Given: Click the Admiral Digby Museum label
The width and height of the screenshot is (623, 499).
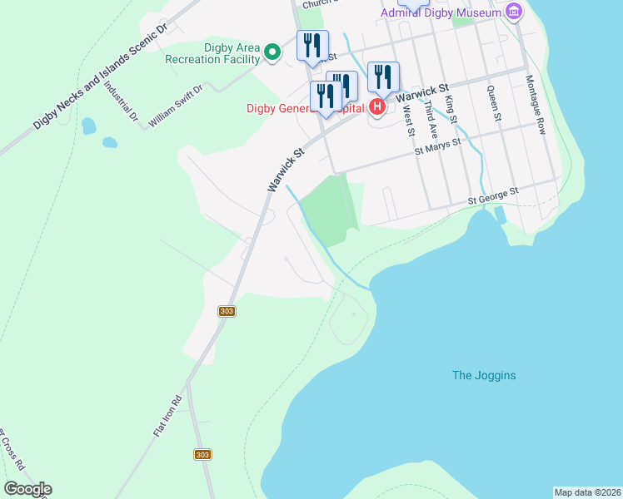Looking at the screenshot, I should click(441, 12).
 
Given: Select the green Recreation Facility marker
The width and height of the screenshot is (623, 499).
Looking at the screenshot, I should click(272, 53).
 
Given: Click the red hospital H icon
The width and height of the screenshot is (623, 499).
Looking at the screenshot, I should click(376, 106).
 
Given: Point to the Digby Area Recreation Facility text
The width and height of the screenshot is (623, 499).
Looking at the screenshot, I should click(212, 53).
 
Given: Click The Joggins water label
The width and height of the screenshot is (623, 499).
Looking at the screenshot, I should click(484, 375).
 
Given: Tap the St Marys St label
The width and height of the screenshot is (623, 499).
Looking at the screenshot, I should click(438, 146).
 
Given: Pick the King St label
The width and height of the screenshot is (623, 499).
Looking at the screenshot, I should click(451, 110).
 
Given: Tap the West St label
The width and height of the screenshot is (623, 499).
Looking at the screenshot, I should click(408, 119).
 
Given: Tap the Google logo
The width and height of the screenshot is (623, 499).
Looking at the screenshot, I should click(27, 489).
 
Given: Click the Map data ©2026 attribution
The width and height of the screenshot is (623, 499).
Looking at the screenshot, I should click(587, 492).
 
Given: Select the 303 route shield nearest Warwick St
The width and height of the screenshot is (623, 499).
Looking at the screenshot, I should click(227, 311).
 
